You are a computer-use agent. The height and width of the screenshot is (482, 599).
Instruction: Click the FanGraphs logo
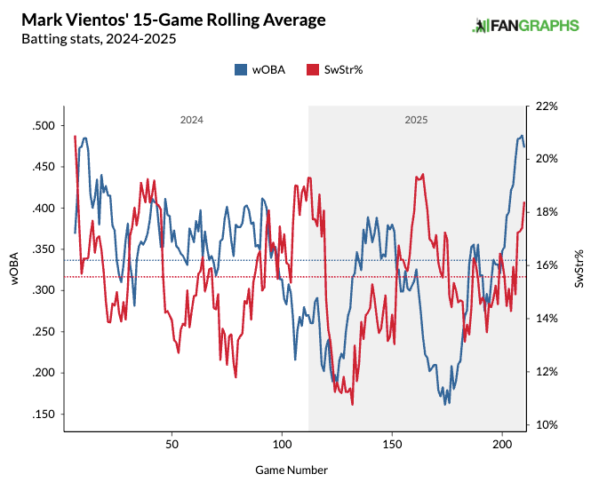(524, 26)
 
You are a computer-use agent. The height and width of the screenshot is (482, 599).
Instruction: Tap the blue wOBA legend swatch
(241, 69)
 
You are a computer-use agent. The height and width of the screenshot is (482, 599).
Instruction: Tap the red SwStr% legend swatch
(312, 69)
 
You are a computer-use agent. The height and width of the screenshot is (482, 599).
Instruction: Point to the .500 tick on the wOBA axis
(42, 126)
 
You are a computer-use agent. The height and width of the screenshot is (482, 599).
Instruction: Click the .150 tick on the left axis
(42, 415)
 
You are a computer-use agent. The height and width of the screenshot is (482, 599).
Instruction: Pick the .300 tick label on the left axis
(42, 290)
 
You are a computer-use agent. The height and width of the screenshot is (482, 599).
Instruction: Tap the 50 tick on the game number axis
(172, 442)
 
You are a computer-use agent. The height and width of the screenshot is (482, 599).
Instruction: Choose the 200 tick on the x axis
(502, 442)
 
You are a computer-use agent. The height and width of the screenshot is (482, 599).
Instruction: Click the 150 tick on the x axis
(392, 442)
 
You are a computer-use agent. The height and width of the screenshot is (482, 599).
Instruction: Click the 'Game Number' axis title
(293, 467)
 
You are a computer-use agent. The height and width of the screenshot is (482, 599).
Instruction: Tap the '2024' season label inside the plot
(191, 119)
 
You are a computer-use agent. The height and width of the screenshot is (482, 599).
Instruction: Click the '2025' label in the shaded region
(415, 119)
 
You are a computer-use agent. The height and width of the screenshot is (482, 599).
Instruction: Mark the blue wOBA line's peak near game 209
(522, 136)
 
